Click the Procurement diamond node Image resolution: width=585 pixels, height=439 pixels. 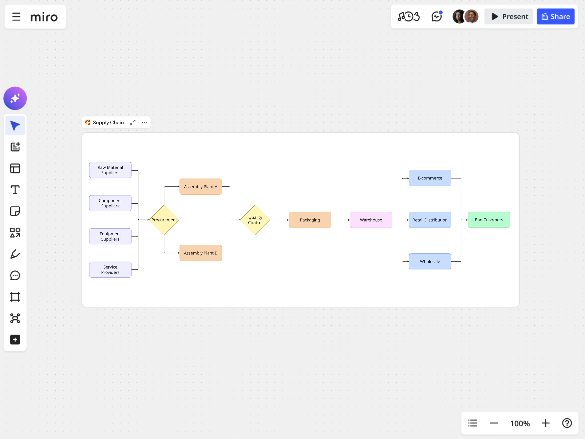click(164, 220)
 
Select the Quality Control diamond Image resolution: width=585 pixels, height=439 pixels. click(255, 220)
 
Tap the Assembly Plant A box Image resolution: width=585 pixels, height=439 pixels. click(201, 187)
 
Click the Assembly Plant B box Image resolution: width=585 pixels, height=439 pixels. click(201, 253)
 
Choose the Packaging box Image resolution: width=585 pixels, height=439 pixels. click(310, 220)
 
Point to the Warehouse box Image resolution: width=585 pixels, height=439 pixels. click(371, 220)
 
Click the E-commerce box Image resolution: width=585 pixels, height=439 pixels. click(430, 178)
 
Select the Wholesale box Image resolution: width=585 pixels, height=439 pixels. click(430, 261)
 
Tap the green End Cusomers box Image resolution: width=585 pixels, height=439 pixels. click(489, 220)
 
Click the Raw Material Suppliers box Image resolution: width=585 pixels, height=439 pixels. click(110, 170)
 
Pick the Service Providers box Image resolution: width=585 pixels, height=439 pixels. click(110, 270)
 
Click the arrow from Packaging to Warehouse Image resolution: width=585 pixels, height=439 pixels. click(340, 220)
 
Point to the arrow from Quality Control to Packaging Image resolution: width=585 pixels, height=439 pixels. click(279, 220)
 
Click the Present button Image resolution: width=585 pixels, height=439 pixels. click(508, 17)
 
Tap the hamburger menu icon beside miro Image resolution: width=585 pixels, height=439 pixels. click(16, 17)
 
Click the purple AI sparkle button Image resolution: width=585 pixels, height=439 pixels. click(15, 98)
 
